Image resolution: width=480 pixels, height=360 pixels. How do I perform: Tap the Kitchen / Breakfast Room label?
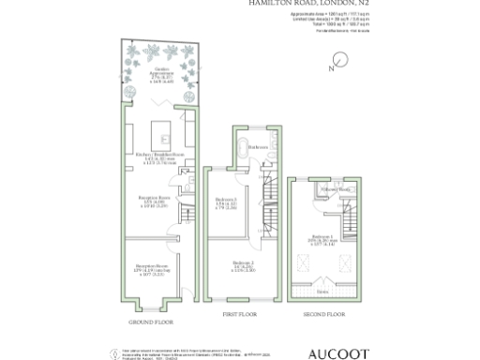pyautogui.click(x=156, y=157)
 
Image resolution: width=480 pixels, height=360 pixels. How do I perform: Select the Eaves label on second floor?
pyautogui.click(x=323, y=292)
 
